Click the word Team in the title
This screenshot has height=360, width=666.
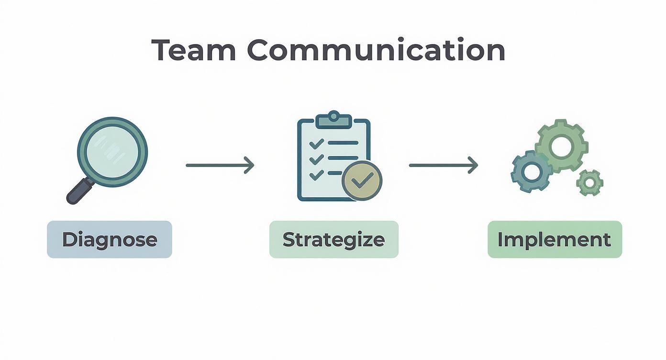[x=194, y=50]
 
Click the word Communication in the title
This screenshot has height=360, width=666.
[x=376, y=50]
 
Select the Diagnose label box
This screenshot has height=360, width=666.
[x=109, y=239]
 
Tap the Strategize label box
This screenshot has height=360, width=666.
[x=333, y=239]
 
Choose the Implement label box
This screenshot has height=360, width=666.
[x=554, y=239]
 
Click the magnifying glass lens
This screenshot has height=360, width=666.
[x=112, y=152]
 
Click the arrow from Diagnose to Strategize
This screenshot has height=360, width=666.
[x=220, y=165]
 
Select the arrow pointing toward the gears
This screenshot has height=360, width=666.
[x=443, y=165]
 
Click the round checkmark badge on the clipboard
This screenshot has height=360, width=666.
[x=362, y=180]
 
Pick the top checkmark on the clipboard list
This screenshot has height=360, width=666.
[x=316, y=143]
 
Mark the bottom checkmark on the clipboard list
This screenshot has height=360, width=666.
[x=316, y=175]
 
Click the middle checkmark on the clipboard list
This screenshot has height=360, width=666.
[x=316, y=159]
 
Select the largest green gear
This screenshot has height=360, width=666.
[x=561, y=146]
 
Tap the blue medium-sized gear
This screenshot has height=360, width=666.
[x=532, y=171]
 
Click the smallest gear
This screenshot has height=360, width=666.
[x=589, y=182]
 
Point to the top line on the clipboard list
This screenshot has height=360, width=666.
[x=343, y=143]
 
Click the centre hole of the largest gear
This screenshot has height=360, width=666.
[x=561, y=146]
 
